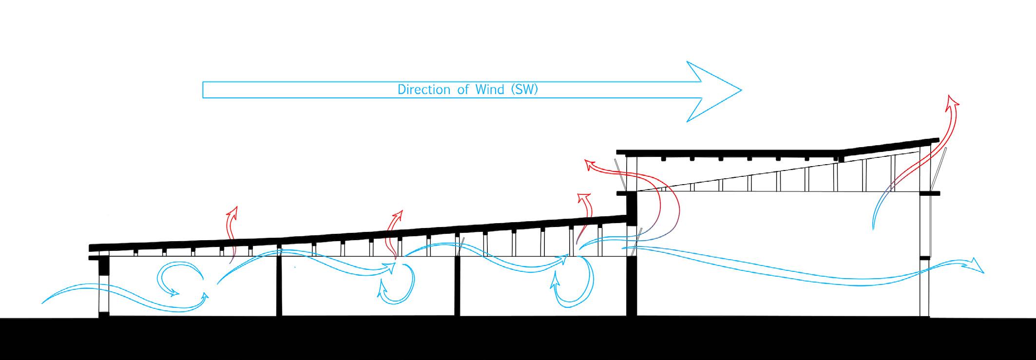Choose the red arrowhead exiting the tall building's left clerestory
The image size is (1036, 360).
(591, 166)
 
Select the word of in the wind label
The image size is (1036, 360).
(462, 90)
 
